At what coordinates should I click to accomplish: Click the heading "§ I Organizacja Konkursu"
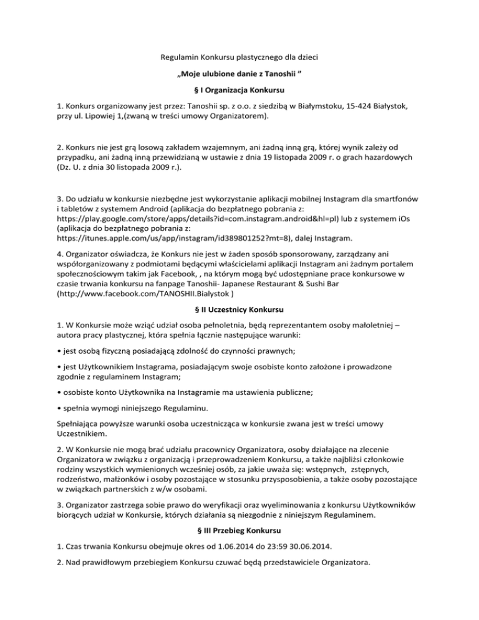pyautogui.click(x=239, y=92)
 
